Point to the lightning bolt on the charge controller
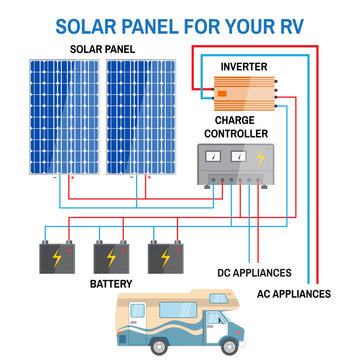click(x=261, y=157)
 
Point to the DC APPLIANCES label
click(x=253, y=271)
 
